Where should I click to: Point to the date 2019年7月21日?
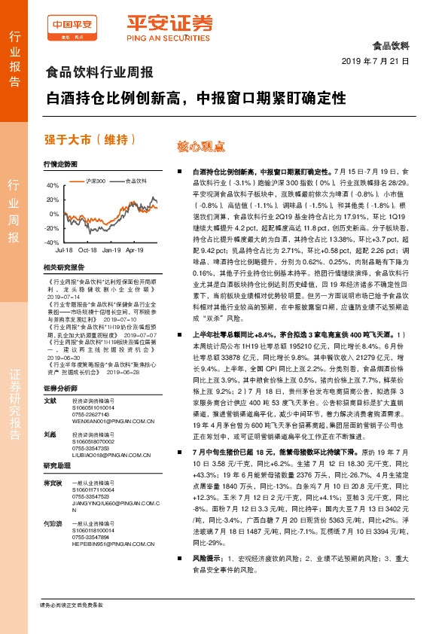coord(374,60)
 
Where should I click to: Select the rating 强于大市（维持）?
coord(90,139)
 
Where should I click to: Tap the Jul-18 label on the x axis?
coord(64,249)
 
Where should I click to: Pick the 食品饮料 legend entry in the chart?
coord(135,181)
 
